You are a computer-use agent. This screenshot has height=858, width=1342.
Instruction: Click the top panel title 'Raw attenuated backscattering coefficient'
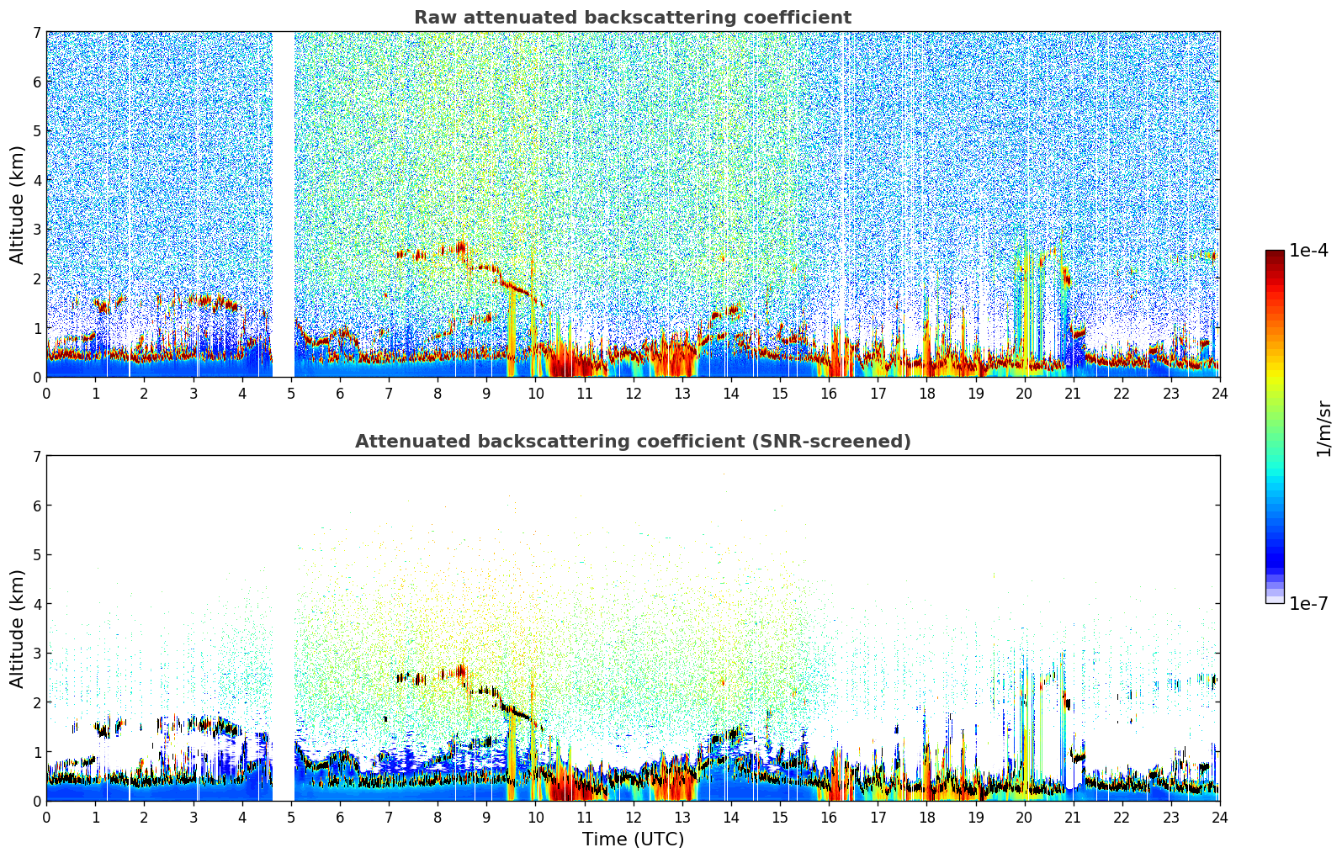632,18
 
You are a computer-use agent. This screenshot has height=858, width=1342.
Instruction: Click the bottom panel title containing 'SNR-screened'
632,442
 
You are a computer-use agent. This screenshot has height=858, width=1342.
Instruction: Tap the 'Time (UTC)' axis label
633,839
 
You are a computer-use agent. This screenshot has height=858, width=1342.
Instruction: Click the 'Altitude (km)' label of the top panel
18,204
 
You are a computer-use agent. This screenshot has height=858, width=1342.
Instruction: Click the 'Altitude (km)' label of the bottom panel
18,628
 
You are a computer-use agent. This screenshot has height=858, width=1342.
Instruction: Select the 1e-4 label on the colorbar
1308,251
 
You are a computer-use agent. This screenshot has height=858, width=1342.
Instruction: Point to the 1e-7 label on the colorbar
1308,603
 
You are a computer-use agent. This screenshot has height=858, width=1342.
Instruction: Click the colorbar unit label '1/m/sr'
1323,428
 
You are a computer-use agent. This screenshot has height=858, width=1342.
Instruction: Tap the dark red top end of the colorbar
1275,254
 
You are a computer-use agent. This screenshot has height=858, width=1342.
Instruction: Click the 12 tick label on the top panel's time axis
633,394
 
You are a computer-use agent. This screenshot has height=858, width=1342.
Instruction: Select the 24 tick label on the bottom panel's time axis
1219,818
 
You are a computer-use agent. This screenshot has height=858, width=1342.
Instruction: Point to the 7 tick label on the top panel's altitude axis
36,33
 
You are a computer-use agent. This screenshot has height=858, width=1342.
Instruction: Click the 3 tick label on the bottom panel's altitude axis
36,654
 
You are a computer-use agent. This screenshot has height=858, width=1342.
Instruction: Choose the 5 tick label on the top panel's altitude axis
36,131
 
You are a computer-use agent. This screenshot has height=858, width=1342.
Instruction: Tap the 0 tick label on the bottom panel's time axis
46,818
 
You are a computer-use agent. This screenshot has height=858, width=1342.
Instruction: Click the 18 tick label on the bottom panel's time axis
926,818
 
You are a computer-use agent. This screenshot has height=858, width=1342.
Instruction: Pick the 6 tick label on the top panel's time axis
340,394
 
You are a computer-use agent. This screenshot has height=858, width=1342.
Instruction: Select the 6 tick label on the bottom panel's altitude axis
36,506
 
